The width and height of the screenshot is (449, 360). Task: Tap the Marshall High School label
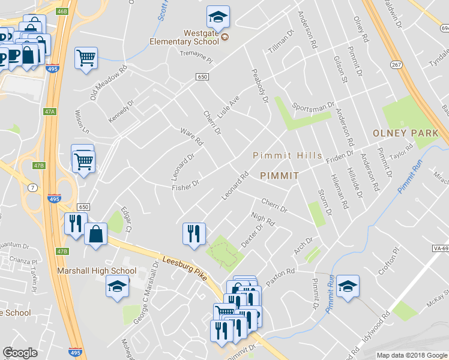click(97, 271)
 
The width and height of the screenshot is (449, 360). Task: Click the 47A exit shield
click(49, 111)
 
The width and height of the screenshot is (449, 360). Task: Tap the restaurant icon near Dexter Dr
click(194, 233)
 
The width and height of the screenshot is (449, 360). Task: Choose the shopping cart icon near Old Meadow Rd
click(86, 58)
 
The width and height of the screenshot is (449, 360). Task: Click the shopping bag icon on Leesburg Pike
click(95, 234)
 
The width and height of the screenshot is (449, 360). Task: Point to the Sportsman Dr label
click(313, 106)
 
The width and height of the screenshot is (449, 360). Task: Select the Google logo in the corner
click(20, 353)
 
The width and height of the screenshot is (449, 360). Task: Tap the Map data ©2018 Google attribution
click(412, 355)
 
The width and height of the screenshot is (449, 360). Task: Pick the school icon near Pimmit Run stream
click(347, 286)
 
